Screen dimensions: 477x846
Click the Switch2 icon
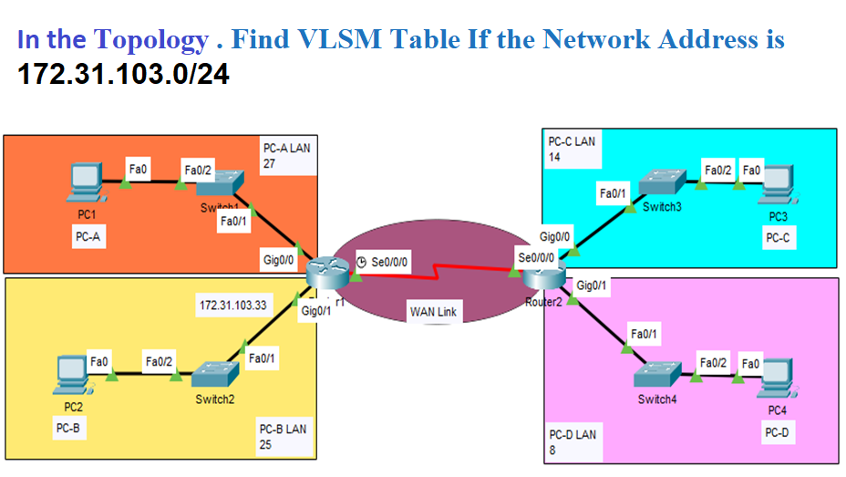(x=214, y=375)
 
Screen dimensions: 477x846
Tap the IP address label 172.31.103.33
(x=232, y=306)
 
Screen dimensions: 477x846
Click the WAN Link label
(x=433, y=312)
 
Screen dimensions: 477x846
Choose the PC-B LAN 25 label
(x=283, y=436)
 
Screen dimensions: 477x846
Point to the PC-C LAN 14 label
(x=571, y=150)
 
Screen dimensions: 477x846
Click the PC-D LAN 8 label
(x=573, y=442)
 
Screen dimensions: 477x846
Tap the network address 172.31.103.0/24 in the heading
(x=123, y=74)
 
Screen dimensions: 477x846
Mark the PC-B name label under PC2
(x=69, y=427)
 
